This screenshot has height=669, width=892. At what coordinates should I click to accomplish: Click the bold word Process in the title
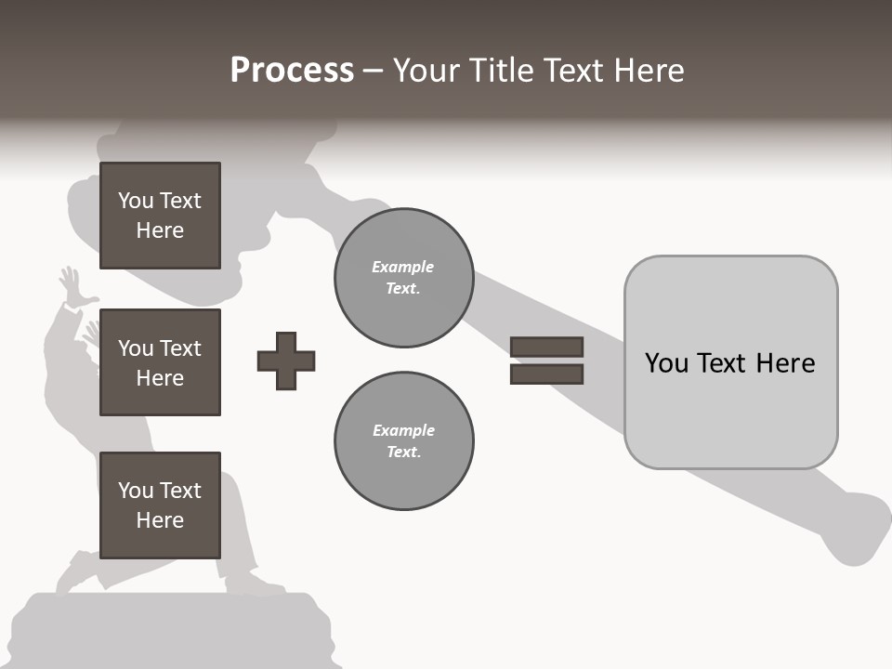pos(292,71)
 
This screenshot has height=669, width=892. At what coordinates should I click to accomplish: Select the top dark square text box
pos(160,216)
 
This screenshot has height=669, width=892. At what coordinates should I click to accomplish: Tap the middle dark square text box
pos(160,362)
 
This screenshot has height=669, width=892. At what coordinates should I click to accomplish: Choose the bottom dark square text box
pos(160,505)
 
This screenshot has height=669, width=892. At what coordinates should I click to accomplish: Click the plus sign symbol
pos(286,361)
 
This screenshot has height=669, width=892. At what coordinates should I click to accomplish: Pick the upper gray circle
pos(403,278)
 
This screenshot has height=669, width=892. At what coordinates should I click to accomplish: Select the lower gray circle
pos(403,441)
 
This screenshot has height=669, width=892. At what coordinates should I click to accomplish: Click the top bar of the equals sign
pos(546,347)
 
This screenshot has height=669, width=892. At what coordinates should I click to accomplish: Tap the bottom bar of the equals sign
pos(546,374)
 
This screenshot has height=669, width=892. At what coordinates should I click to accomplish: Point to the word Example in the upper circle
pos(402,267)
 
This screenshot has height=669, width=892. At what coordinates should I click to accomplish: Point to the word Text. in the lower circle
pos(403,453)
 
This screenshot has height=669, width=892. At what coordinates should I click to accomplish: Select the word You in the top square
pos(136,201)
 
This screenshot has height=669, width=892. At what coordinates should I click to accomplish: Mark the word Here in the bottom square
pos(160,520)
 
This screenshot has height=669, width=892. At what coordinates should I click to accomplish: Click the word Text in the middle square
pos(180,348)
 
